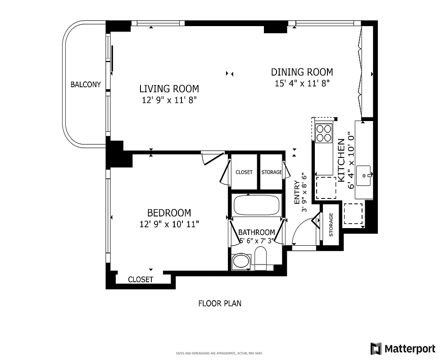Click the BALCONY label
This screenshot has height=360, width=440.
[x=86, y=84]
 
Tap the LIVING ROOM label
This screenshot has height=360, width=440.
[x=169, y=89]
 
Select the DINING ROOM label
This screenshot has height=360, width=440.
[x=302, y=72]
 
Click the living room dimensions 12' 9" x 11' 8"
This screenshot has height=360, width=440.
[x=169, y=100]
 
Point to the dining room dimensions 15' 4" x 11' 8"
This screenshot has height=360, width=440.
[x=302, y=83]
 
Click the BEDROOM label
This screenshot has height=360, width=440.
[x=169, y=213]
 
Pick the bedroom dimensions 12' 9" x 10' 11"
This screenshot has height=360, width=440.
[x=169, y=224]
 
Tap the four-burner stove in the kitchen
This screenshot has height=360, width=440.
[x=323, y=132]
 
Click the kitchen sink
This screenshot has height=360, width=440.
[x=363, y=176]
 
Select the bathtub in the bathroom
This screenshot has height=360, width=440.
[x=256, y=205]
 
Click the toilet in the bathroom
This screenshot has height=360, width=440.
[x=261, y=260]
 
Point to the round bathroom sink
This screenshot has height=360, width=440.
[x=242, y=261]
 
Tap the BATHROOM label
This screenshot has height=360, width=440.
[x=256, y=232]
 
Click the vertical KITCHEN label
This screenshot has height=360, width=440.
[x=341, y=160]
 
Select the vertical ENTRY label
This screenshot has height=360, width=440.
[x=297, y=193]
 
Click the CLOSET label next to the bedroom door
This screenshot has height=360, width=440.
[x=244, y=172]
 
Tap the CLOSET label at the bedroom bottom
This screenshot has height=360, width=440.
[x=141, y=279]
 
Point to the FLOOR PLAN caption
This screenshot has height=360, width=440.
[x=220, y=303]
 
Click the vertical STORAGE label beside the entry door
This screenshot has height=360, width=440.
[x=331, y=225]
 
